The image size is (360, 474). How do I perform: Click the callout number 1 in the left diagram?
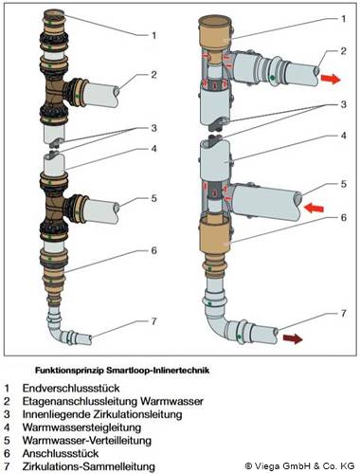154,35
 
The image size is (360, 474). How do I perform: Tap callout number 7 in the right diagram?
344,313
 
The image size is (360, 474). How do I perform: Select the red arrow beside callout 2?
331,79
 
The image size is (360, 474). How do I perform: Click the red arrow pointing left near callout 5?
314,208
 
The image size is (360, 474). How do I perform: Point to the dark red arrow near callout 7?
293,338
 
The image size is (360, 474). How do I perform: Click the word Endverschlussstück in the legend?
71,388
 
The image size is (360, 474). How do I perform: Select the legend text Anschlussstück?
61,453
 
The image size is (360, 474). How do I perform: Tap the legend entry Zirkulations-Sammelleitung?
89,466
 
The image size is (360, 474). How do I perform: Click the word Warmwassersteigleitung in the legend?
81,428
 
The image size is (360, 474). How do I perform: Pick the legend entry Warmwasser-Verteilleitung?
87,440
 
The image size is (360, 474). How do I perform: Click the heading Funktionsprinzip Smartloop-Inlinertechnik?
122,370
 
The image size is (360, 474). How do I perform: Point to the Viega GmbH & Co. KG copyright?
299,465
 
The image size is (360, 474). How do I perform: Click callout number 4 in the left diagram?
153,148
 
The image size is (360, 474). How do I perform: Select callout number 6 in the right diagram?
344,217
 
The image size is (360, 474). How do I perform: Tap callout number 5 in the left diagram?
153,198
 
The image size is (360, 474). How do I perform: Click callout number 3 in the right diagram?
344,104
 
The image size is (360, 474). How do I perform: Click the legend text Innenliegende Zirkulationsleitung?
102,414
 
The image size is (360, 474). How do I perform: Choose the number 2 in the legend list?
7,401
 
